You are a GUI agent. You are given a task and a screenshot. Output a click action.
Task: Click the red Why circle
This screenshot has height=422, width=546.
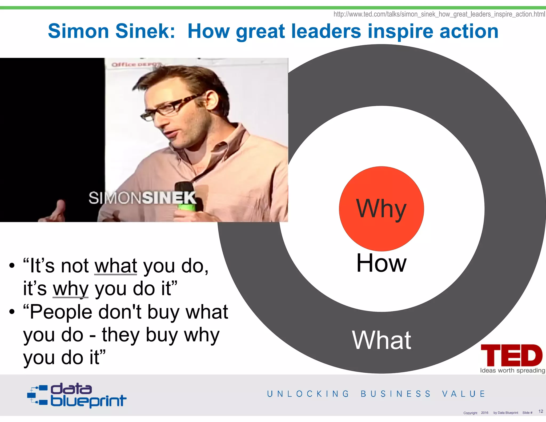click(x=381, y=209)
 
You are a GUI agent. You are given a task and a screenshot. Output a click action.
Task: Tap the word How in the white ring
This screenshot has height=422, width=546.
click(x=381, y=263)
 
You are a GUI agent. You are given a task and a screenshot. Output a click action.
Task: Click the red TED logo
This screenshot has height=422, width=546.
click(x=511, y=355)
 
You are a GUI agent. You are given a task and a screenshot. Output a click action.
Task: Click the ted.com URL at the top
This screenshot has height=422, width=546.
click(x=439, y=14)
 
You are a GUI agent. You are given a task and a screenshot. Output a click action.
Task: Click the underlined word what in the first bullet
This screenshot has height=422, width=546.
click(x=116, y=266)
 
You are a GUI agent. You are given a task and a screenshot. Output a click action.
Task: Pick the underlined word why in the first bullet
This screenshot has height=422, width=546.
click(x=70, y=289)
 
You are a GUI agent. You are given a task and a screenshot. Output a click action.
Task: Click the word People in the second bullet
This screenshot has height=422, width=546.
click(x=61, y=312)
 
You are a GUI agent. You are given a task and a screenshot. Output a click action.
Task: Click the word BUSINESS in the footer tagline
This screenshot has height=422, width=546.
click(x=396, y=394)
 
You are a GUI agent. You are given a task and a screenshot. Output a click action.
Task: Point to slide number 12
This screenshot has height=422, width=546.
click(x=541, y=411)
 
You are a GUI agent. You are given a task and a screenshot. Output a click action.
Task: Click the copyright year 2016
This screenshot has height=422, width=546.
click(x=484, y=413)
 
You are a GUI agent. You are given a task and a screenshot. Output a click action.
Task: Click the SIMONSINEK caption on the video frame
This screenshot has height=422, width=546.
click(x=142, y=198)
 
